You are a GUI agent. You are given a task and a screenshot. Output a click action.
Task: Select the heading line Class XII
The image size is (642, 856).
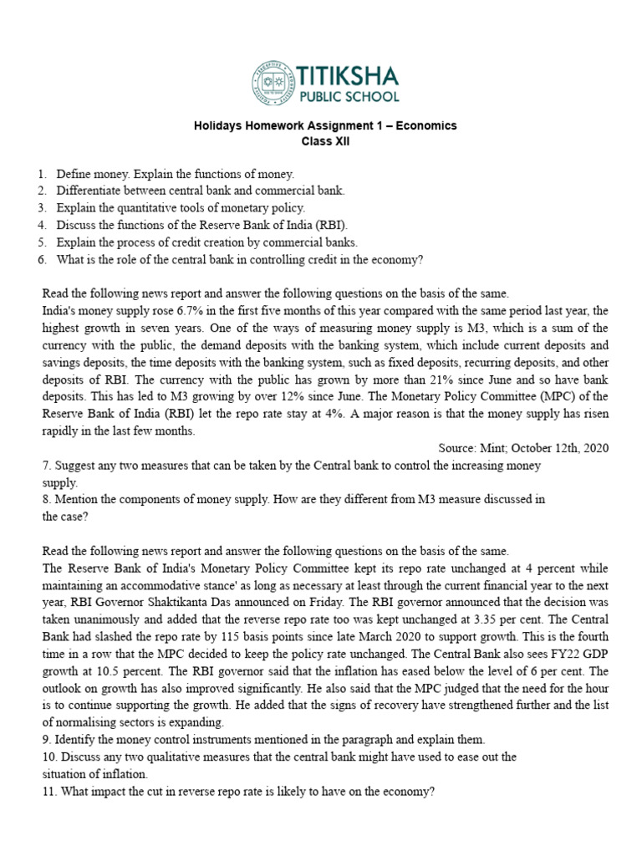click(x=326, y=141)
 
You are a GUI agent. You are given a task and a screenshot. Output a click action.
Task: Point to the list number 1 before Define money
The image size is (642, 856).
click(x=40, y=174)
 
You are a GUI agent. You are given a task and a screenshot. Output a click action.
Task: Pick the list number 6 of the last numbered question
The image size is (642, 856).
click(x=40, y=259)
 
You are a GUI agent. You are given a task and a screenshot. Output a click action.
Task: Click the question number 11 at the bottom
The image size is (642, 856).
click(x=48, y=791)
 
